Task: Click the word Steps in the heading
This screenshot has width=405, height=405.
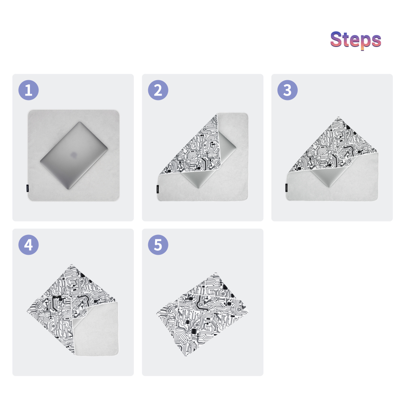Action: click(x=356, y=40)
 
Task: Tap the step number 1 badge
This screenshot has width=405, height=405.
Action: click(x=28, y=90)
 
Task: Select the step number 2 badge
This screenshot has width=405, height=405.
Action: click(x=158, y=90)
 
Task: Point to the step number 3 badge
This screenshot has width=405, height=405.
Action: click(x=288, y=90)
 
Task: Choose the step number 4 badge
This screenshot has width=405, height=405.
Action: click(x=28, y=245)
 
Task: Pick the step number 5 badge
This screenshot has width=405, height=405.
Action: click(x=158, y=245)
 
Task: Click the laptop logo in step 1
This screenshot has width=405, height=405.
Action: click(x=74, y=155)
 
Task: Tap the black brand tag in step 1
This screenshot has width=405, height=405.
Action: click(x=28, y=189)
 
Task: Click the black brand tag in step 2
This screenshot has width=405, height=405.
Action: click(x=158, y=189)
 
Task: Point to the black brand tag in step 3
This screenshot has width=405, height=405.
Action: click(x=286, y=188)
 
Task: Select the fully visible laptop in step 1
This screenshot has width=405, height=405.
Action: click(x=74, y=155)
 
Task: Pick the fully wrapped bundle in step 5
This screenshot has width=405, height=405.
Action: click(x=202, y=314)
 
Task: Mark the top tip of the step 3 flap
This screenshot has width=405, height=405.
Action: click(x=338, y=117)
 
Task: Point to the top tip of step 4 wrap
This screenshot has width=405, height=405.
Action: click(x=72, y=264)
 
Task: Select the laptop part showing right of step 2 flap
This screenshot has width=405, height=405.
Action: click(x=227, y=145)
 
